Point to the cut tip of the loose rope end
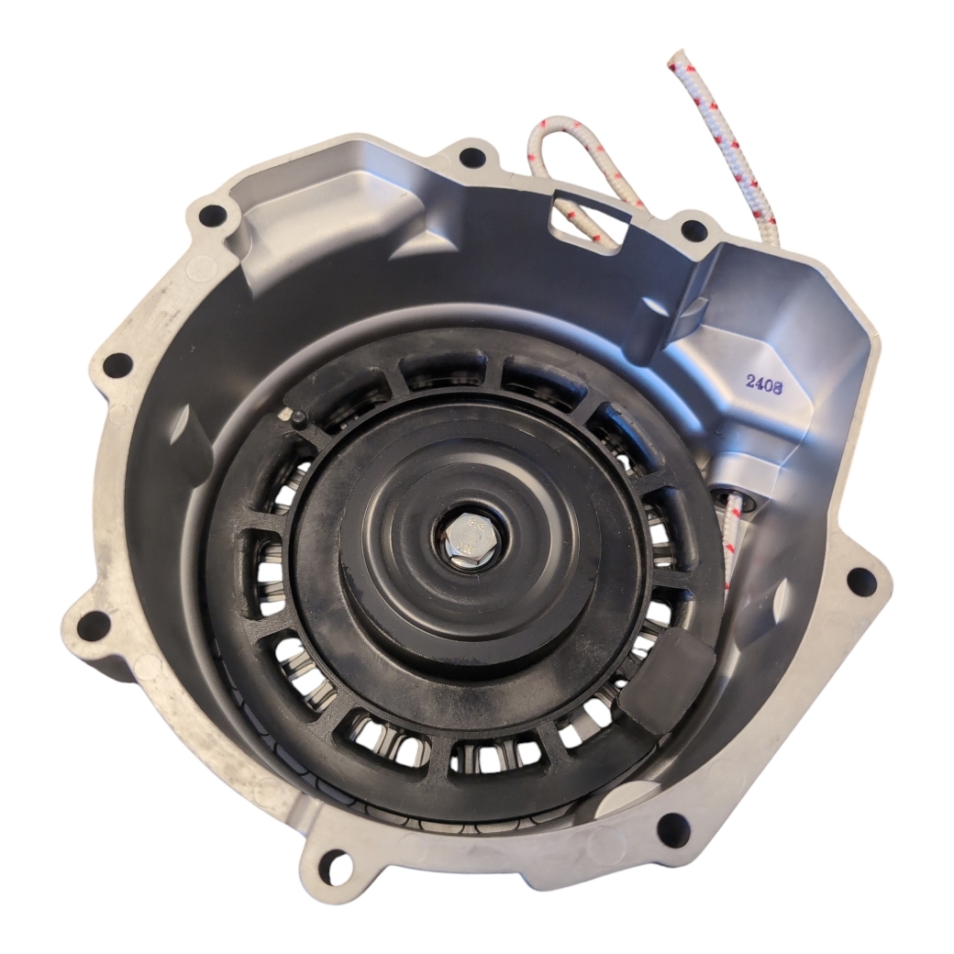tap(679, 56)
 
